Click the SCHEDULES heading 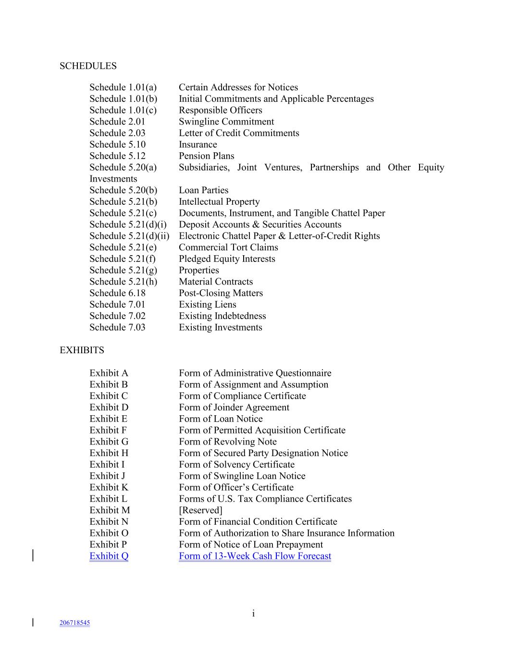[88, 66]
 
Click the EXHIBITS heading [82, 350]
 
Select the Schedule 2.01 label [117, 122]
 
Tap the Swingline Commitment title [226, 122]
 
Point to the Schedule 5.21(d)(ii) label [129, 236]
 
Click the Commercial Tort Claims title [228, 248]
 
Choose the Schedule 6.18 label [117, 293]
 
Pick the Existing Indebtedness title [222, 316]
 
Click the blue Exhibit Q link [109, 556]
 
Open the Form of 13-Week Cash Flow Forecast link [255, 556]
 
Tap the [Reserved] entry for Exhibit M [200, 510]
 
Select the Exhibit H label [109, 453]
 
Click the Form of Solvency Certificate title [236, 465]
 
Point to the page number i [253, 613]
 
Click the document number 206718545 [74, 623]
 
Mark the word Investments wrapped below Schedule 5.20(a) [113, 179]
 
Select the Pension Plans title [206, 156]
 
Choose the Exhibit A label [109, 373]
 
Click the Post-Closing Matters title [221, 293]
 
